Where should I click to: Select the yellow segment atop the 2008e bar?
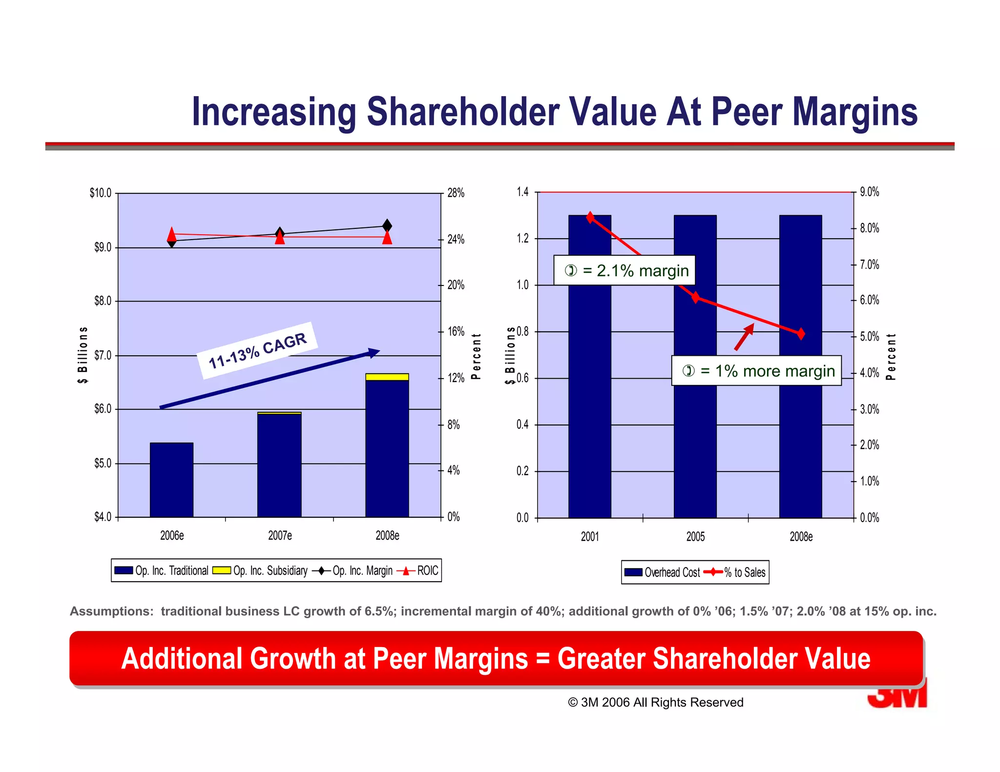387,377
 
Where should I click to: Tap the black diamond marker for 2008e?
387,226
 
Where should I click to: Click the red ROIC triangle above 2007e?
280,238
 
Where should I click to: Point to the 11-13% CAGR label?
257,350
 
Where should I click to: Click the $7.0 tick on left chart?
103,355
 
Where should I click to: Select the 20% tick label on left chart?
456,285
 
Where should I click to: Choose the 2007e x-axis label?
280,536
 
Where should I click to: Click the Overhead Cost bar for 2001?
589,390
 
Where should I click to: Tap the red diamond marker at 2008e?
801,334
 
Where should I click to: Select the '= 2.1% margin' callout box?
624,270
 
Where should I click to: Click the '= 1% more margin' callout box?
756,371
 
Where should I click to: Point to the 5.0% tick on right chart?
869,337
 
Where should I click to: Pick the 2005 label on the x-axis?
695,537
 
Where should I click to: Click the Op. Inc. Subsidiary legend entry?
261,570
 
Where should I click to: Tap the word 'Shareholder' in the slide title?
462,112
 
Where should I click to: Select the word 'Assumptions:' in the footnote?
111,611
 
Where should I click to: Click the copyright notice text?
655,702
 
